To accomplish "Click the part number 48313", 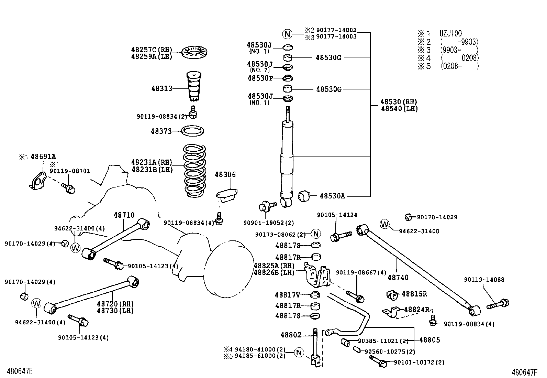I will point(161,88).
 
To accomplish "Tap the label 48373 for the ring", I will point(161,131).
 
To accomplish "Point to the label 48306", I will point(225,175).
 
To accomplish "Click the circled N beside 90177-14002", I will point(287,34).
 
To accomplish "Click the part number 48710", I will point(124,215).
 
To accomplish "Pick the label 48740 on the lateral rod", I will point(398,278).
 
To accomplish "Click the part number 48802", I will point(290,335).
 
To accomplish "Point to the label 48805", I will point(429,340).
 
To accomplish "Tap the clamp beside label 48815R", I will point(391,295).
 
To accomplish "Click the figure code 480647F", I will point(524,372).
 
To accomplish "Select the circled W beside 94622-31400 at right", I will point(384,224).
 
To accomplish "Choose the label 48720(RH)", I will point(115,304).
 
